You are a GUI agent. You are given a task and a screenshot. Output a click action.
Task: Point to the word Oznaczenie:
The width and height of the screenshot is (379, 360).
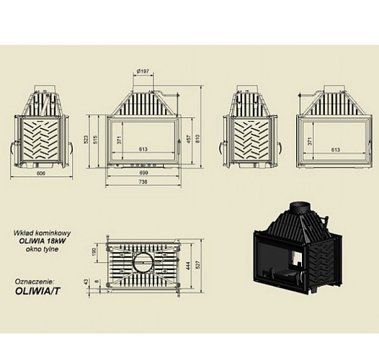click(x=35, y=282)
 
